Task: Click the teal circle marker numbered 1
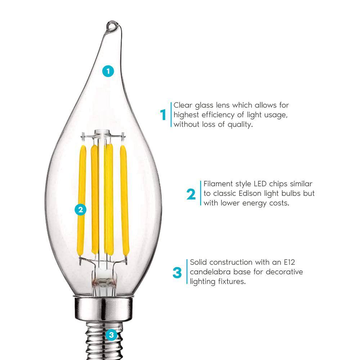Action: (x=108, y=71)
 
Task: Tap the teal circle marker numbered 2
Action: (x=80, y=210)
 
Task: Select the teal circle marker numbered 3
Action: (x=111, y=335)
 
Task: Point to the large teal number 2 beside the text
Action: (x=191, y=194)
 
